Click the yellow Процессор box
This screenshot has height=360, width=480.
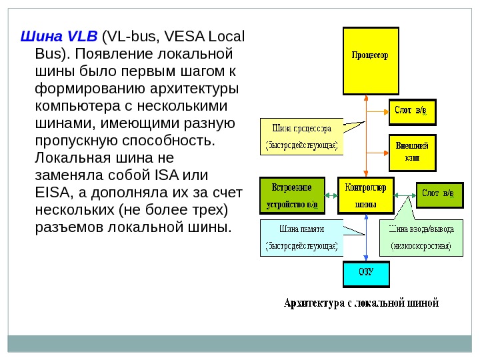click(x=370, y=61)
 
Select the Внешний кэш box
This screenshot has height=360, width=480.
click(x=412, y=152)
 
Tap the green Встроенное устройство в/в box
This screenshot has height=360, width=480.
click(x=292, y=195)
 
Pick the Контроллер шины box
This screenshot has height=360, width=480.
click(x=365, y=195)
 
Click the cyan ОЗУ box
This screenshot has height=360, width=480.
click(x=365, y=272)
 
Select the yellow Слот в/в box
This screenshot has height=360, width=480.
click(x=412, y=111)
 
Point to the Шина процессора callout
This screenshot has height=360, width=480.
click(x=301, y=136)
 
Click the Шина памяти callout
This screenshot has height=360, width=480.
click(x=301, y=237)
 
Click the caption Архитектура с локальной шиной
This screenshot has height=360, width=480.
click(x=361, y=303)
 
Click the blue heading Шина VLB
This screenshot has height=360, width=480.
click(x=59, y=35)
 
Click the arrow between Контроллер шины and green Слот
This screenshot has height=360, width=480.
click(x=405, y=195)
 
